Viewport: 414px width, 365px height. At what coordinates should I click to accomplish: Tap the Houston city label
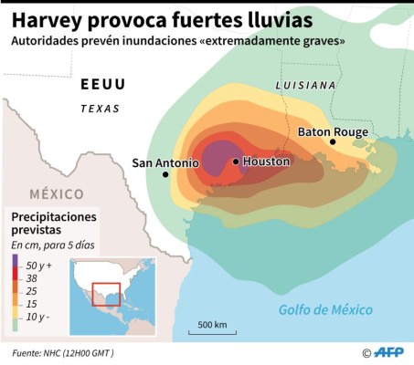coord(267,162)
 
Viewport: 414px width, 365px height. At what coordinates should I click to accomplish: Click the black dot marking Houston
coord(237,162)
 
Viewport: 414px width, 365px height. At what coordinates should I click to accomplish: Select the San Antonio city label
coord(165,163)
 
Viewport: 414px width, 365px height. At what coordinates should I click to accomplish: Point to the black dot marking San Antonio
coord(165,174)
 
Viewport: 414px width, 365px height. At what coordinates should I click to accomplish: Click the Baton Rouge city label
coord(333,132)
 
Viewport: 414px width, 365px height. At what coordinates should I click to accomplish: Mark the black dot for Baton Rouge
coord(334,142)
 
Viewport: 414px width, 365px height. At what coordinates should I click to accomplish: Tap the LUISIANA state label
coord(306,85)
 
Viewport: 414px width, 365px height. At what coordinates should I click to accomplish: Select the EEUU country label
coord(102,85)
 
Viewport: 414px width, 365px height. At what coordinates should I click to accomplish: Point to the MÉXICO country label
coord(56,193)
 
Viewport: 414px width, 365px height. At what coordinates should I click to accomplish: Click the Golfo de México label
coord(325,310)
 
